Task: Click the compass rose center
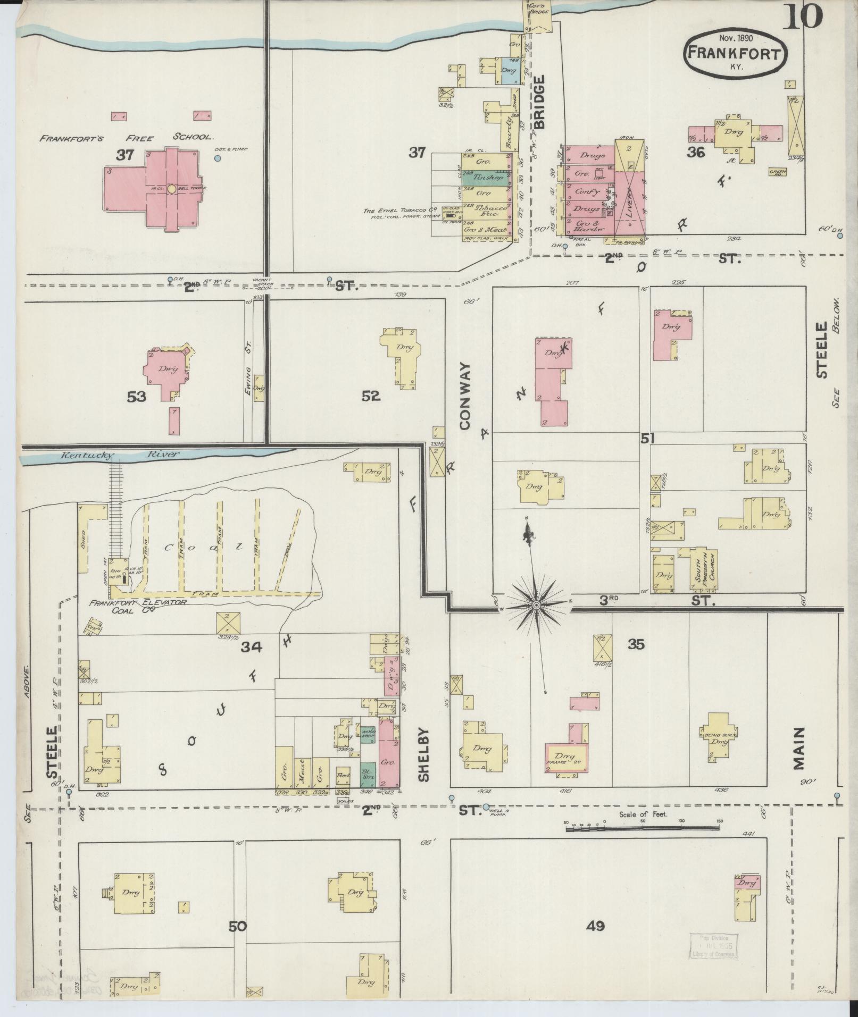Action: (537, 605)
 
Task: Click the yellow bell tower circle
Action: (171, 188)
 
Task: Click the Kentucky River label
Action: (121, 455)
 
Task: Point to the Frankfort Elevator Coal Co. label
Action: (137, 606)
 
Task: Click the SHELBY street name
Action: (423, 754)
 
